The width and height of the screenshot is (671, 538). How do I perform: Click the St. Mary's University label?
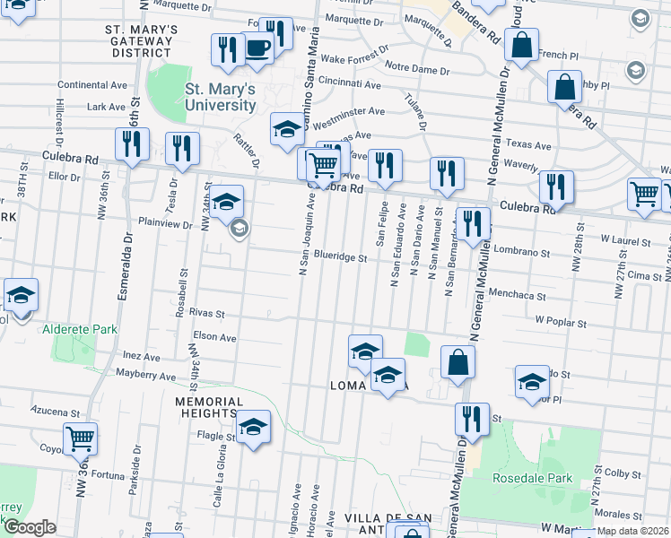(221, 97)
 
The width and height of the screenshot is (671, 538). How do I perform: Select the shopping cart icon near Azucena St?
(81, 438)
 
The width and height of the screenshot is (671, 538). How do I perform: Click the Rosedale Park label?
(532, 478)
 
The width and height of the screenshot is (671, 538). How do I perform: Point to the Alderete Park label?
(79, 330)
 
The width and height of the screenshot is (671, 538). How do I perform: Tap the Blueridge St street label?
(340, 257)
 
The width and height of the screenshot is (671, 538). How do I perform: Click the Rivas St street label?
(206, 315)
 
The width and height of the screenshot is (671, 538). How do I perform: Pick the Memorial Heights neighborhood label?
(205, 407)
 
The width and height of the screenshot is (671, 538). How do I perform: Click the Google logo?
(30, 527)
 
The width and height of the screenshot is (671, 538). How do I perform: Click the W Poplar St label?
(561, 320)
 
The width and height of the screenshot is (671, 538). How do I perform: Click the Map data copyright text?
(633, 531)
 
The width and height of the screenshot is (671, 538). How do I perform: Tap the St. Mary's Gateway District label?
(142, 41)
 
